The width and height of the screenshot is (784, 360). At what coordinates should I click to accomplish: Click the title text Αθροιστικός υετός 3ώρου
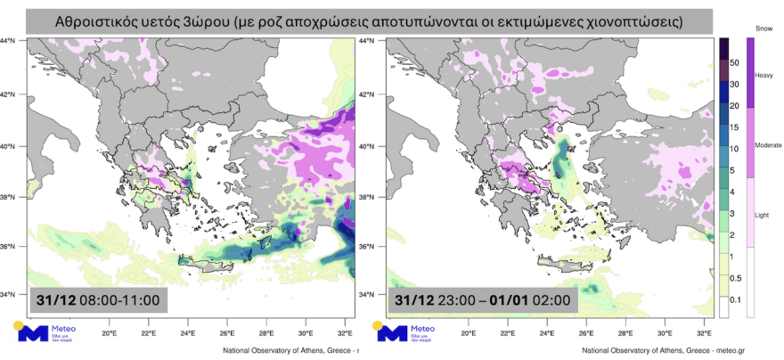point(371,20)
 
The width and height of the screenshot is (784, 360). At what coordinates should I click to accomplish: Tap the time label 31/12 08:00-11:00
point(97,300)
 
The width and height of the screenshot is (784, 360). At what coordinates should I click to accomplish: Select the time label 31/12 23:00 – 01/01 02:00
point(482,300)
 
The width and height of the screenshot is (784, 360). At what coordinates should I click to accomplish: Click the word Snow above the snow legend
point(764,29)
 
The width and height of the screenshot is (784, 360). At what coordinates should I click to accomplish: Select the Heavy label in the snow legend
point(764,76)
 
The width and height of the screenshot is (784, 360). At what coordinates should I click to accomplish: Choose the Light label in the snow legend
point(763,215)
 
